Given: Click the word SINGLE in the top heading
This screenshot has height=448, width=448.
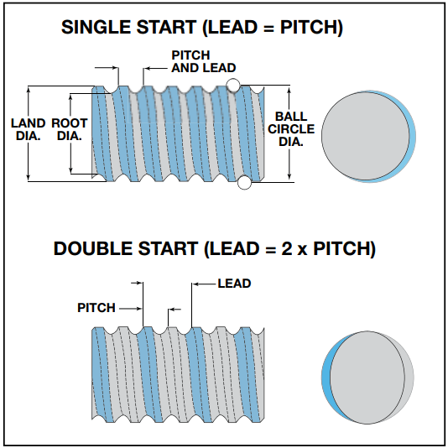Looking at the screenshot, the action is [x=96, y=27].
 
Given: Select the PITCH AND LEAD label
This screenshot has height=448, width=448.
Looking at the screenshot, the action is [x=203, y=61].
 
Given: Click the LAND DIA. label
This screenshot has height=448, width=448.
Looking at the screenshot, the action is [x=28, y=129].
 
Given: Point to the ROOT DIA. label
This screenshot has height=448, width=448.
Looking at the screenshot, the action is [x=70, y=129].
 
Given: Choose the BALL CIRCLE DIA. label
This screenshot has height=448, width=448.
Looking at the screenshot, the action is [x=291, y=129].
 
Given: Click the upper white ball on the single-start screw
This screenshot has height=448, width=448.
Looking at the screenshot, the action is [x=233, y=85].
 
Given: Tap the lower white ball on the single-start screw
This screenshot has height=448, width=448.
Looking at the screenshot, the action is [x=244, y=182].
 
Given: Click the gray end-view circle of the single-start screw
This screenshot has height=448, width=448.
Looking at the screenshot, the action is [x=366, y=136].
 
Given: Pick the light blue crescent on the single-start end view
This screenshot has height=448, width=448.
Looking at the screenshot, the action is [x=412, y=137].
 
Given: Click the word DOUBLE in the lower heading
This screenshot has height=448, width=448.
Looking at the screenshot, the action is [x=93, y=248].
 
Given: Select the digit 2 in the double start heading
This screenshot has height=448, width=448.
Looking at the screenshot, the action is [x=287, y=248].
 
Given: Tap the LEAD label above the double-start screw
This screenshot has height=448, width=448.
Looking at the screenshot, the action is [x=234, y=284].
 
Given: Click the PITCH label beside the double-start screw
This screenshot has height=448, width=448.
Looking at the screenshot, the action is [x=96, y=308].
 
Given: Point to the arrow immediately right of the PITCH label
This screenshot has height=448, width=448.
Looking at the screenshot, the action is [x=130, y=309].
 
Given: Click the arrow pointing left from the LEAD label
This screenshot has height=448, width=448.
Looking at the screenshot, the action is [x=204, y=284].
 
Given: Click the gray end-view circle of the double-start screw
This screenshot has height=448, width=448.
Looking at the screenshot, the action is [x=367, y=378].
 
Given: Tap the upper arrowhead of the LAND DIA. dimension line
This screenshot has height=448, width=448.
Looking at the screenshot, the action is [x=28, y=90].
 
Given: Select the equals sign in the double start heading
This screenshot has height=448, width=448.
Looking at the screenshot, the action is [x=270, y=249].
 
